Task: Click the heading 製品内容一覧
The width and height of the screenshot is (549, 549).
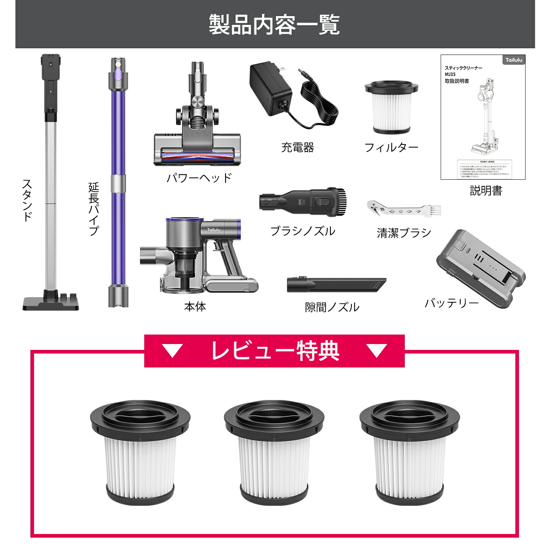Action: tap(274, 25)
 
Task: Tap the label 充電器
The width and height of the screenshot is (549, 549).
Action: tap(298, 147)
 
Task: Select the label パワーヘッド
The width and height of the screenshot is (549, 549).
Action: tap(199, 178)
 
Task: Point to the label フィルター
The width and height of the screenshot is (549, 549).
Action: tap(391, 147)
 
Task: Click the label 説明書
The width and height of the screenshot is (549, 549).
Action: tap(486, 191)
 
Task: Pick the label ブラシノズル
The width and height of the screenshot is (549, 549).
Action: tap(303, 231)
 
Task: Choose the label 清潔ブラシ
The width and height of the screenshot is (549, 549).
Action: tap(404, 233)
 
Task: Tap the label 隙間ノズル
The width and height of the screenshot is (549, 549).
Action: tap(332, 307)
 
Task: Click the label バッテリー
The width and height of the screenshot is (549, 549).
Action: tap(452, 303)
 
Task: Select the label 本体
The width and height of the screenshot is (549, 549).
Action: tap(195, 307)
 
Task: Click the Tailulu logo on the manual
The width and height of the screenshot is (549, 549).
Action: tap(514, 60)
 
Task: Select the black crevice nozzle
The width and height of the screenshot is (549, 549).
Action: tap(336, 284)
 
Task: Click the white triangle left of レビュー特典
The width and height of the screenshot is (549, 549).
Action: tap(172, 351)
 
